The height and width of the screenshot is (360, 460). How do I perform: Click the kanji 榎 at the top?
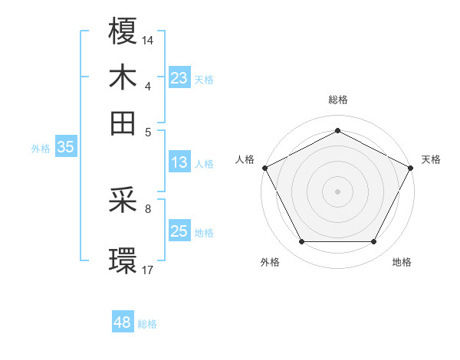point(123,32)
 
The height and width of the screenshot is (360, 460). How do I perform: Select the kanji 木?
point(123,77)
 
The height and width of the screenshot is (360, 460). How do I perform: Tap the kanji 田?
point(123,123)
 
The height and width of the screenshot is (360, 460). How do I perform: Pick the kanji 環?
point(123,260)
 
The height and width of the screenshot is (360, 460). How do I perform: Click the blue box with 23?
point(179,78)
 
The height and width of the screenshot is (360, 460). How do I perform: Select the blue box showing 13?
point(179,162)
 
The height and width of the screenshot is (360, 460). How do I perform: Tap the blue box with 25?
point(179,231)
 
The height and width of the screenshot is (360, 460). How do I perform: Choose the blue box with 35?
point(65,148)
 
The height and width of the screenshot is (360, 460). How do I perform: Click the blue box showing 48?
point(122,322)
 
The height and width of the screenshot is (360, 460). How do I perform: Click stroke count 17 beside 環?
point(149,270)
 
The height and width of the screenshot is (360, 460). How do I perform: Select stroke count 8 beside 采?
point(148,208)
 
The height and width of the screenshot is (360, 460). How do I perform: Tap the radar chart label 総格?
point(337,100)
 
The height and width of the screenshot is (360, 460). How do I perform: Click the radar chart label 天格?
point(431,159)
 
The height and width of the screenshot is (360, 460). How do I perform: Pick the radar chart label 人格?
point(245,159)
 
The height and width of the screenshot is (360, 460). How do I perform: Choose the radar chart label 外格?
point(270,262)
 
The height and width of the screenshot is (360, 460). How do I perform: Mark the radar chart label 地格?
point(402,262)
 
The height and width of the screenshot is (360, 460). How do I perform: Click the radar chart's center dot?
point(337,191)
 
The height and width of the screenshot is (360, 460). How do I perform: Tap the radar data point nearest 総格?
point(337,130)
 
